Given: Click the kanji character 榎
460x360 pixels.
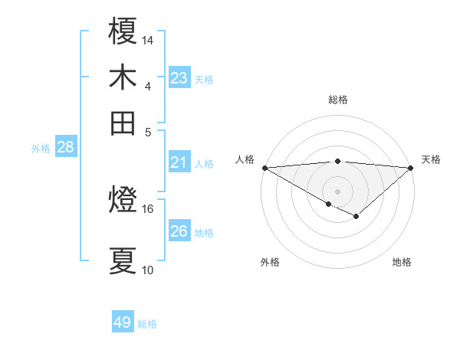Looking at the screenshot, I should [x=123, y=33].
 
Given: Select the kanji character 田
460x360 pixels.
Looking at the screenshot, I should [x=123, y=122].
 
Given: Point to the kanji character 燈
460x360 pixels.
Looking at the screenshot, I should [x=123, y=201].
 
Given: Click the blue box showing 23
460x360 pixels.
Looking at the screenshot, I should [x=179, y=78].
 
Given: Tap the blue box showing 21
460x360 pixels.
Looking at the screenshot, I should [x=179, y=162].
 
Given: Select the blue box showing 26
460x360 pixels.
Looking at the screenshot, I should [x=179, y=231].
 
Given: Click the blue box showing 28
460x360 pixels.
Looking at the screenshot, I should [x=65, y=148].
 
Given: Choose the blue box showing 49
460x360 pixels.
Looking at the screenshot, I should [x=123, y=322].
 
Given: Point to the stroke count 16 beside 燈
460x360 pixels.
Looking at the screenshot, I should [x=148, y=208].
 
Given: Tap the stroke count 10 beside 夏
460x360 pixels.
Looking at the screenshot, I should [x=148, y=270].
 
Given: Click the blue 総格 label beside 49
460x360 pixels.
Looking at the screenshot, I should [x=148, y=324].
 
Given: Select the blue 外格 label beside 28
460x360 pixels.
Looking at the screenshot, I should [x=41, y=149].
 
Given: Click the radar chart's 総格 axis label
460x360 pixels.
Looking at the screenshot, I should [x=338, y=100].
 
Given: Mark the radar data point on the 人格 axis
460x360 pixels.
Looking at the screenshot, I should [x=264, y=168].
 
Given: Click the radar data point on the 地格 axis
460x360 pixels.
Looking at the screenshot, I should [x=356, y=217].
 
